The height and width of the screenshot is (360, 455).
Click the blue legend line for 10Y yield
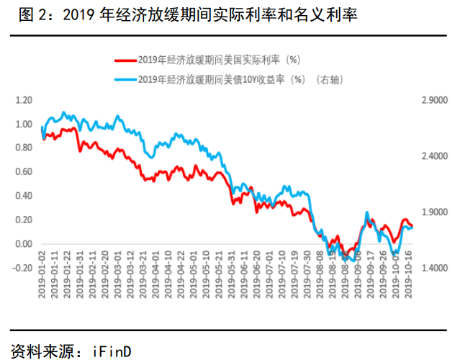tap(125, 79)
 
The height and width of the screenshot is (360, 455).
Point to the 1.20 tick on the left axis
tap(24, 100)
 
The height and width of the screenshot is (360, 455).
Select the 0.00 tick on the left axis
tap(24, 244)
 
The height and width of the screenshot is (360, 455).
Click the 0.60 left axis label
tap(24, 172)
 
